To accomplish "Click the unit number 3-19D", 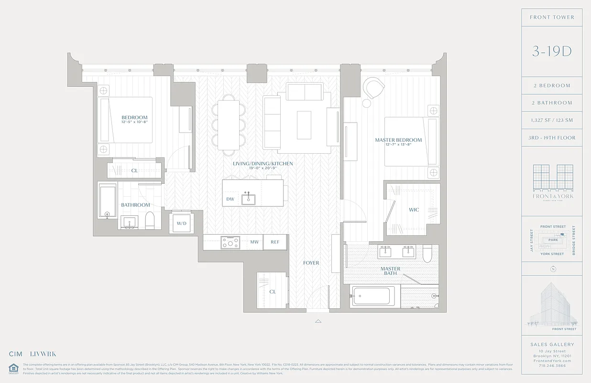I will click(x=552, y=52).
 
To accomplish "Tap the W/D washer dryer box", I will click(x=181, y=223).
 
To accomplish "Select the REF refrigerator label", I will click(x=275, y=242).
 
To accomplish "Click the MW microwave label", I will click(x=254, y=242).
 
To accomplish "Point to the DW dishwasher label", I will click(x=230, y=199).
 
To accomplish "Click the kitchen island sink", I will click(x=248, y=199).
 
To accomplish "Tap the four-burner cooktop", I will click(x=230, y=243).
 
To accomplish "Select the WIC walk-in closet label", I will click(x=414, y=210).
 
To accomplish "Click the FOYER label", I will click(x=311, y=263).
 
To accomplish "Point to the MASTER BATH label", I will click(x=390, y=271).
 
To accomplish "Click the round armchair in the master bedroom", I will click(x=374, y=89).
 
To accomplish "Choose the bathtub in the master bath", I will click(x=373, y=296).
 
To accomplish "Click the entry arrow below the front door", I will click(x=318, y=321).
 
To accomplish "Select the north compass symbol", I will click(x=553, y=269).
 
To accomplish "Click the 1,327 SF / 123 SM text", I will click(x=552, y=120).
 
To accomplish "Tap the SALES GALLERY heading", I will click(x=552, y=344).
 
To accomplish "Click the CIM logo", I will click(x=16, y=354).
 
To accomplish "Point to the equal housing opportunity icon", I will click(x=13, y=368).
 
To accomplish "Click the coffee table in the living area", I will click(x=304, y=124).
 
